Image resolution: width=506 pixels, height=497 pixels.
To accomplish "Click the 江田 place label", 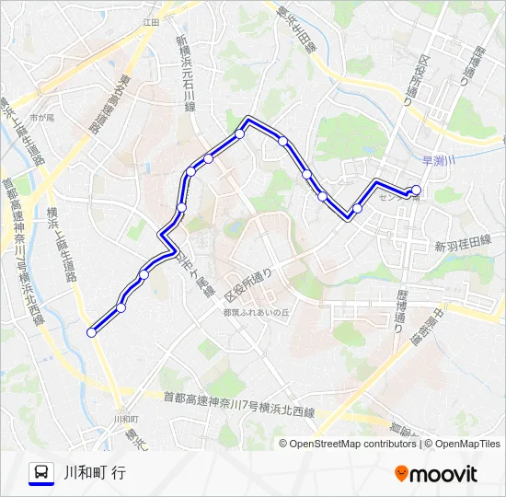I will click(x=151, y=20).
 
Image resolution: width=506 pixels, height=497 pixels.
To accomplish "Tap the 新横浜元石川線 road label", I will click(x=187, y=73).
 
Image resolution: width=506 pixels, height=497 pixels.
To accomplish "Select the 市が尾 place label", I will click(x=41, y=118).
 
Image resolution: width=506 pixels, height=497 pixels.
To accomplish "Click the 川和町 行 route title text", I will click(x=96, y=473).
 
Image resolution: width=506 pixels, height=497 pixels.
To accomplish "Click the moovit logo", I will click(x=436, y=474).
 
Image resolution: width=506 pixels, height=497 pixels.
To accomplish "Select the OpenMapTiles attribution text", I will click(x=464, y=444).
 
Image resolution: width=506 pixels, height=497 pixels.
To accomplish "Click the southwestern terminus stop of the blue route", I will click(x=91, y=332).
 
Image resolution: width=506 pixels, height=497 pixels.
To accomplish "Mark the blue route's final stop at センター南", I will click(x=416, y=191).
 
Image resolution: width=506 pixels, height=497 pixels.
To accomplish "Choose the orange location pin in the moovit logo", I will click(x=401, y=474).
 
